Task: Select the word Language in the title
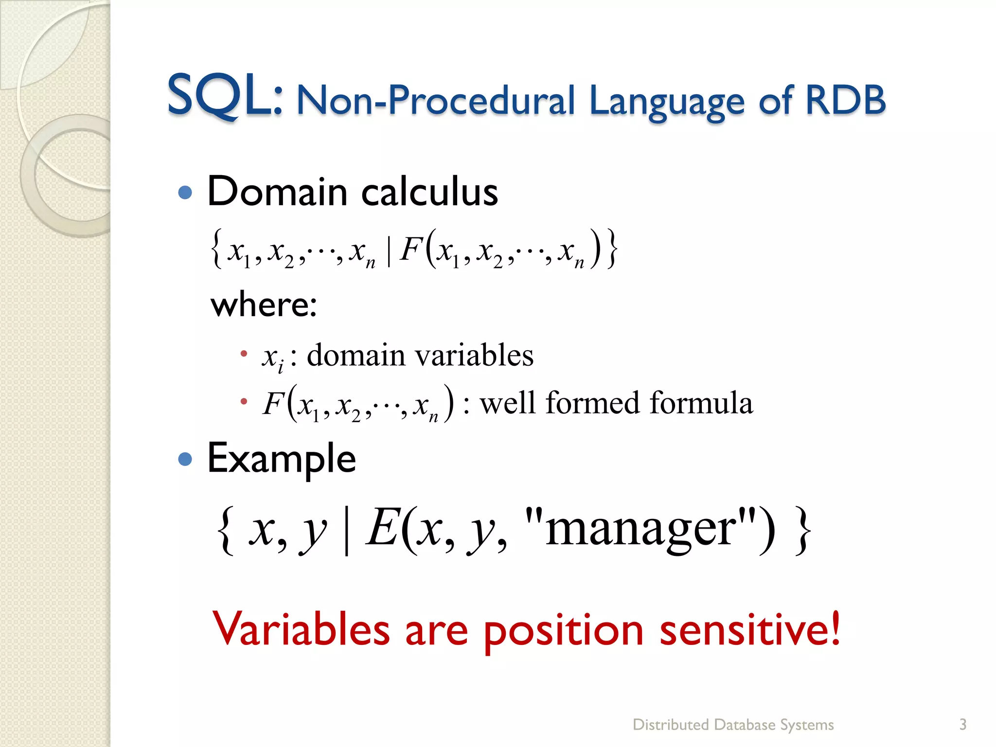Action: click(666, 101)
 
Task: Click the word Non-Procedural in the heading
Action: click(435, 101)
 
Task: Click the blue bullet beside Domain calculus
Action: click(185, 193)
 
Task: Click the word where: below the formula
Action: click(264, 305)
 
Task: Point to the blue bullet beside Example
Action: click(185, 459)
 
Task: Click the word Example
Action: click(282, 459)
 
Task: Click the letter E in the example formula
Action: click(384, 528)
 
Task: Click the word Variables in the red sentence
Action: click(301, 629)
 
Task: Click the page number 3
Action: click(962, 725)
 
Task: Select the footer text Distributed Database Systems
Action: click(733, 725)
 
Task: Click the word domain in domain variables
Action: click(356, 355)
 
